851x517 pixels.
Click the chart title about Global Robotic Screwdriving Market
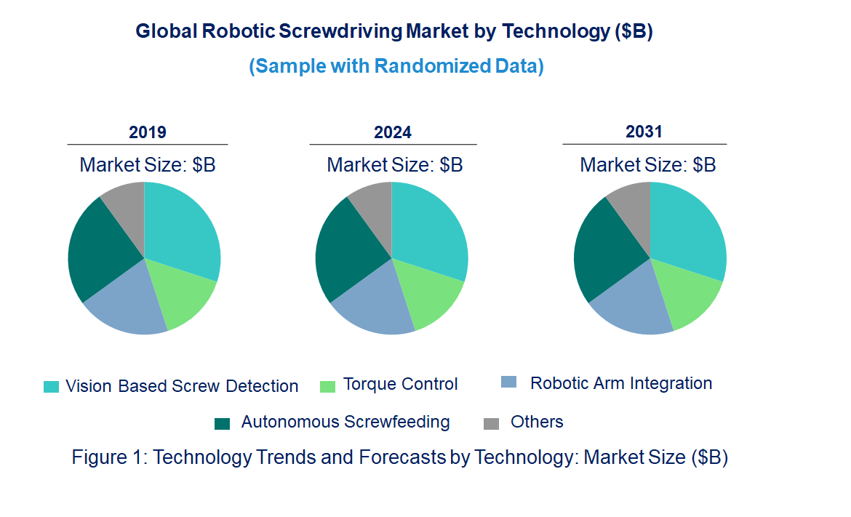click(x=394, y=32)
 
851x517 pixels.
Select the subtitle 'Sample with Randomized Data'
click(x=396, y=66)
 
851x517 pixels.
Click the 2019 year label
click(x=148, y=132)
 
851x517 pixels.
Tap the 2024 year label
click(x=393, y=132)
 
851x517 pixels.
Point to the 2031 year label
click(x=644, y=132)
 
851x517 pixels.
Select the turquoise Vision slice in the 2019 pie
click(x=182, y=229)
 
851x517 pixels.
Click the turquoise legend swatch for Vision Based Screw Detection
click(x=51, y=387)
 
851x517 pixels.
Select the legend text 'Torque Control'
click(x=400, y=384)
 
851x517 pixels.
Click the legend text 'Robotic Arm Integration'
click(x=620, y=383)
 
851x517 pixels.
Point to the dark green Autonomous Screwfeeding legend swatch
click(x=223, y=423)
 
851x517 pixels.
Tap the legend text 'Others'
click(x=537, y=422)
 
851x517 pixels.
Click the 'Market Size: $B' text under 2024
click(x=395, y=165)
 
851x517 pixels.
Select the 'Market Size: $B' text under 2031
click(x=647, y=165)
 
